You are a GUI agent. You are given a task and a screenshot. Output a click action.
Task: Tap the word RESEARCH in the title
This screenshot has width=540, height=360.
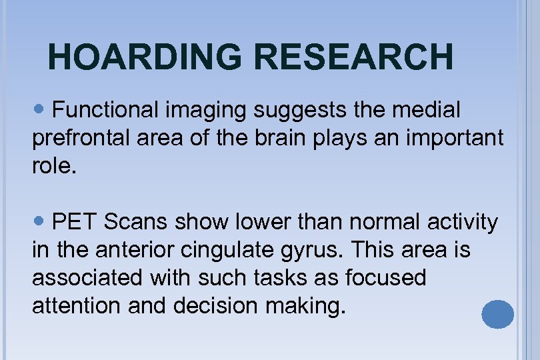pos(354,57)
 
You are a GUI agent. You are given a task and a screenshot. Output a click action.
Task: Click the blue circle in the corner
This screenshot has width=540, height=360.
pos(497,314)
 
